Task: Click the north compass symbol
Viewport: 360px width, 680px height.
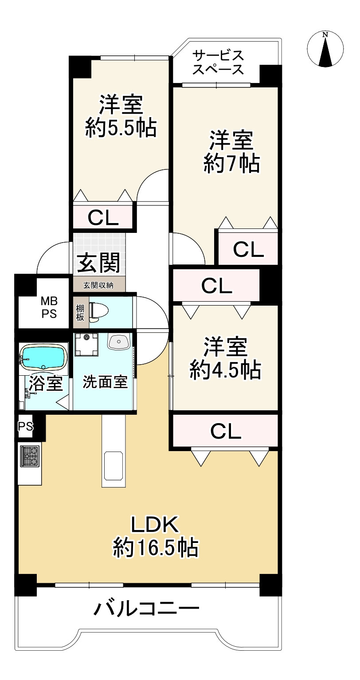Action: [x=325, y=49]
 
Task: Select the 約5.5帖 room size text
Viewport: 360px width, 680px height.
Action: [x=121, y=129]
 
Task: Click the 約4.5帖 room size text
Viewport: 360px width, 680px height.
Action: [x=225, y=370]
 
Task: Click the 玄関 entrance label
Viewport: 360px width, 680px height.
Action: [x=99, y=263]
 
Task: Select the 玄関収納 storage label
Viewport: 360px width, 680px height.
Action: [x=98, y=285]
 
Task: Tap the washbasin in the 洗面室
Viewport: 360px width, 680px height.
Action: [x=118, y=342]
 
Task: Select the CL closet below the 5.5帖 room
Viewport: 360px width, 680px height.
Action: [x=103, y=217]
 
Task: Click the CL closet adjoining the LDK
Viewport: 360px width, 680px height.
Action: [x=225, y=431]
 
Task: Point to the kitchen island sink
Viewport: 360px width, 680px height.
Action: [x=113, y=466]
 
